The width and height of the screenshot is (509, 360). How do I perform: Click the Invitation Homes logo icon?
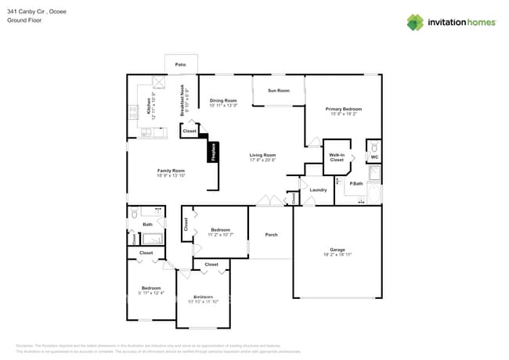(x=415, y=22)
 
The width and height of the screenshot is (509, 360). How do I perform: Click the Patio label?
(x=181, y=64)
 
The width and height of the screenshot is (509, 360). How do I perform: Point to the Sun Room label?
(x=279, y=91)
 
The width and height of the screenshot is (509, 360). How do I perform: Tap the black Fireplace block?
(x=213, y=152)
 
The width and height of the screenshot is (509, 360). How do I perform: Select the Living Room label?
(x=263, y=155)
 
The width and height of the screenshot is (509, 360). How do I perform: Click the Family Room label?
(x=171, y=171)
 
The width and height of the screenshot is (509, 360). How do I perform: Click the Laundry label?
(x=318, y=190)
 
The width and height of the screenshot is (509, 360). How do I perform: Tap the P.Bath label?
(x=356, y=183)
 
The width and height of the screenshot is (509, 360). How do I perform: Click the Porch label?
(x=271, y=235)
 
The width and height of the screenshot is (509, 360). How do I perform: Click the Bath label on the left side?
(x=147, y=225)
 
